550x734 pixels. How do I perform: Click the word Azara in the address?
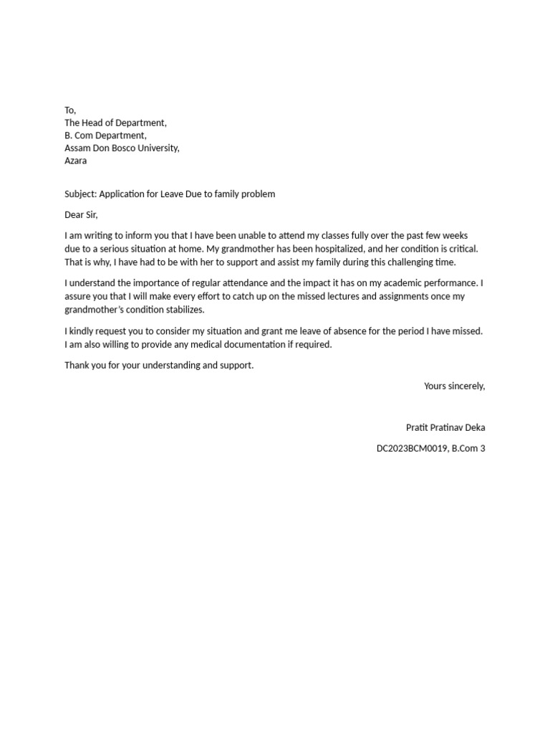[x=76, y=161]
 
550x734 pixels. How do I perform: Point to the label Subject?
[x=81, y=194]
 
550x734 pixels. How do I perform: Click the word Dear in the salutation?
[x=74, y=214]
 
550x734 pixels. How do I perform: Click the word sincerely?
[x=466, y=386]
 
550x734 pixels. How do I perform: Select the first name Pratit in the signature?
[x=418, y=427]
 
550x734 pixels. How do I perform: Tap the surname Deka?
[x=474, y=427]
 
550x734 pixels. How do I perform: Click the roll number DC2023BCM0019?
[x=412, y=449]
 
